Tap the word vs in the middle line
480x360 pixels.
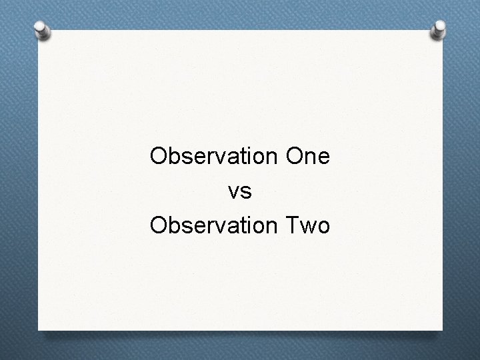pos(240,192)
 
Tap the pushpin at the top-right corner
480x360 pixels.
pos(439,28)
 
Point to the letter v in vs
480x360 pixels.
pos(234,193)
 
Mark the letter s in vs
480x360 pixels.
pos(246,193)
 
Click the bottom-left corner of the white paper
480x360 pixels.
pos(39,329)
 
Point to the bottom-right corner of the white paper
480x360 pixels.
pos(442,329)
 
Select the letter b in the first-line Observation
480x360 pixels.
pos(175,157)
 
